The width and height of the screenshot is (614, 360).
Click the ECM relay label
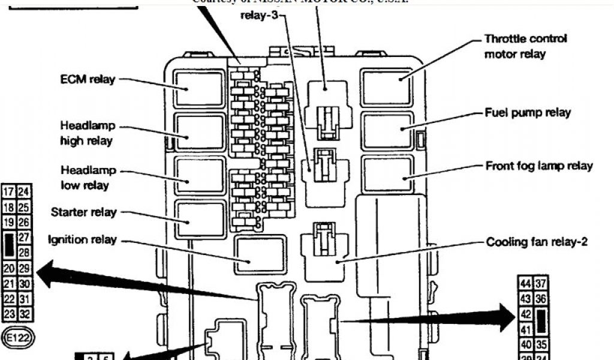click(x=88, y=79)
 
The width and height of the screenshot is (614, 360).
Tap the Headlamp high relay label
click(x=87, y=133)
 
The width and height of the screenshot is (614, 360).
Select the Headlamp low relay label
click(x=88, y=178)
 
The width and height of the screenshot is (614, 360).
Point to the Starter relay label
click(x=84, y=212)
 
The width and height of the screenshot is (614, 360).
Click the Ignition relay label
click(x=82, y=241)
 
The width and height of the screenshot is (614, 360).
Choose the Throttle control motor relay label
click(x=525, y=46)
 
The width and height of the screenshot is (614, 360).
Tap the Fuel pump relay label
click(x=528, y=113)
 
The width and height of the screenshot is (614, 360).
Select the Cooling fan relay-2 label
click(x=536, y=242)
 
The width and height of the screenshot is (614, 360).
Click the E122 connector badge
click(x=19, y=339)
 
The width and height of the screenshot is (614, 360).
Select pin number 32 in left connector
click(x=25, y=314)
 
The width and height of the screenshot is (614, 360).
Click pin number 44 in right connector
click(x=525, y=283)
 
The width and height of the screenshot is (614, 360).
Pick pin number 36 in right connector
click(x=541, y=298)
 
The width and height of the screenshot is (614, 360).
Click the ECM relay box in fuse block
click(x=199, y=89)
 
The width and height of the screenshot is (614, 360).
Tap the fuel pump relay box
click(x=387, y=130)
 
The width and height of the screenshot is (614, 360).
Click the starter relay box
click(x=199, y=220)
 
